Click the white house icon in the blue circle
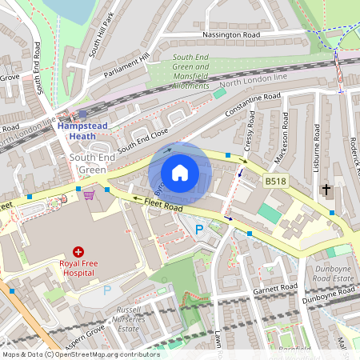coord(180,173)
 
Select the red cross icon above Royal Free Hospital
coord(78,251)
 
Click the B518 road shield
coord(276,182)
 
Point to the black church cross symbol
coord(326,190)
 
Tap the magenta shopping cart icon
coord(89,194)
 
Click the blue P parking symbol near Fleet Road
coord(199,230)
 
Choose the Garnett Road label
coord(274,288)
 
